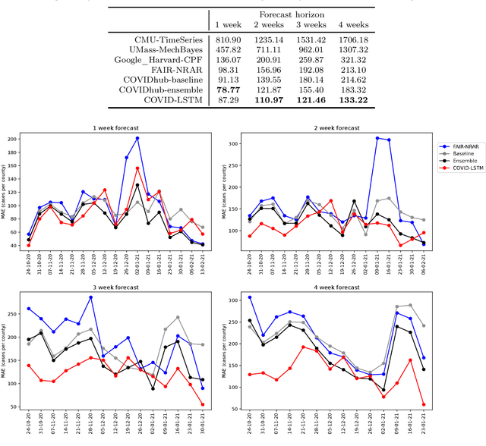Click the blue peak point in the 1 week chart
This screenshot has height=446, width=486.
pyautogui.click(x=137, y=138)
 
